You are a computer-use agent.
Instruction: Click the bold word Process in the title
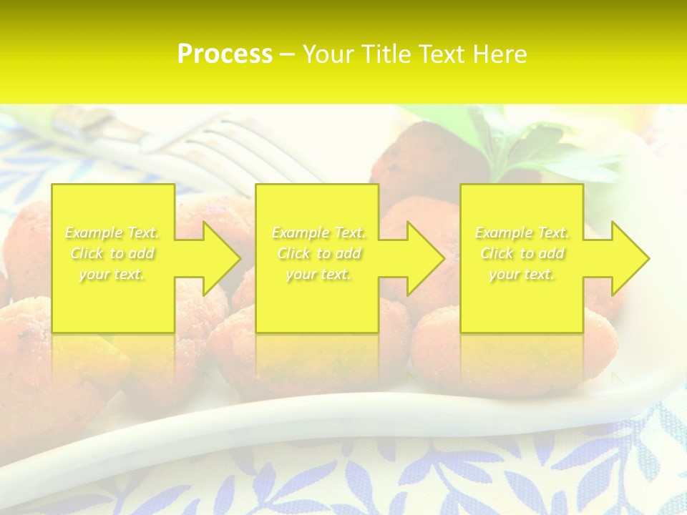225,54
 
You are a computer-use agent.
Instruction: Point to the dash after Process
288,55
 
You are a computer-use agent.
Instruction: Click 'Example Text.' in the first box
112,232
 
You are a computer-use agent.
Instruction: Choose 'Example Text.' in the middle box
318,232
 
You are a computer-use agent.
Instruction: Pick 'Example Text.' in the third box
522,232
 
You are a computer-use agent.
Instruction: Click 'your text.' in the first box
112,274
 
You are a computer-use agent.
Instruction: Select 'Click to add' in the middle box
318,253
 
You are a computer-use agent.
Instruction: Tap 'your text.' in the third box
522,274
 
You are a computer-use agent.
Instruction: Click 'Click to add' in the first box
112,253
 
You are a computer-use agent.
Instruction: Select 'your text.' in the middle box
318,274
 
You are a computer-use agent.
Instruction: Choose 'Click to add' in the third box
522,253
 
